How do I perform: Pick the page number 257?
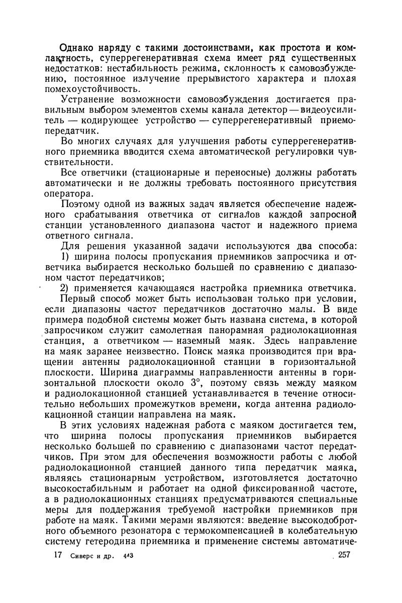[x=344, y=555]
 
